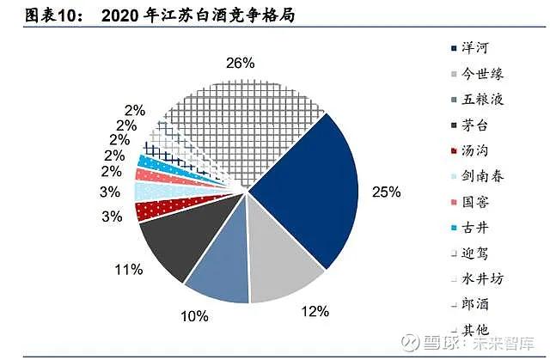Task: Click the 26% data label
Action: (240, 63)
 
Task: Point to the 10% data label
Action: (194, 316)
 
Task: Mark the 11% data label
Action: (129, 271)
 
